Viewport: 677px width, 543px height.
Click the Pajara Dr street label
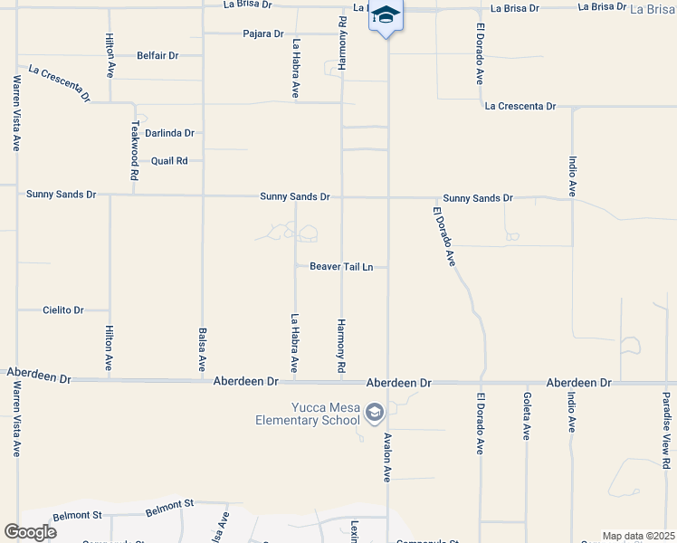pos(264,33)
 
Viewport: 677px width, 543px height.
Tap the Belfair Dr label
pos(157,55)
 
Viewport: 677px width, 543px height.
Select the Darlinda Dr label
pos(170,133)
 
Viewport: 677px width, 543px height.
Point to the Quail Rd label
pos(169,161)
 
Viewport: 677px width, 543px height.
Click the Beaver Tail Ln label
pos(341,267)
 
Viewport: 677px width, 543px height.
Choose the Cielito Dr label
pos(63,310)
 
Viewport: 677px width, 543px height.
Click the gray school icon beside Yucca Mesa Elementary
pos(375,414)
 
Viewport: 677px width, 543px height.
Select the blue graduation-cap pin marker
pos(386,16)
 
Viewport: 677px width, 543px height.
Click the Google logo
pos(30,532)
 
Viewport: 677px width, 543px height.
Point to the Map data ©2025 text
pos(637,536)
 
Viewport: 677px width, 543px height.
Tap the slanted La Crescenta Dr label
pos(59,82)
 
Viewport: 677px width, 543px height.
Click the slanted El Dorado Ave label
pos(443,235)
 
